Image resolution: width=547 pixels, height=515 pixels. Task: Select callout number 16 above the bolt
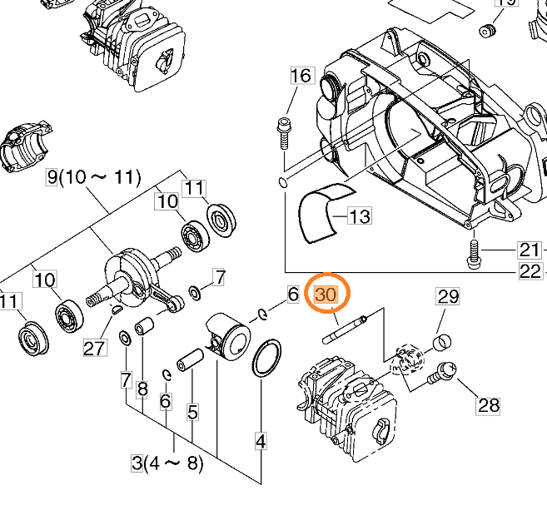coord(300,77)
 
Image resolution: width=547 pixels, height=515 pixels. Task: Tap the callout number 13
coord(359,217)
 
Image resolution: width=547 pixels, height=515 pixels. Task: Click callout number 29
coord(449,297)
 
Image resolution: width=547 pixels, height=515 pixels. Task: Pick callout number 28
coord(488,405)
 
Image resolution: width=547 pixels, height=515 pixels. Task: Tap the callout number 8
coord(142,389)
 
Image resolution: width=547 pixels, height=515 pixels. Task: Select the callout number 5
coord(192,411)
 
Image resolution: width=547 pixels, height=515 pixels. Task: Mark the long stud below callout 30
coord(345,328)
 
